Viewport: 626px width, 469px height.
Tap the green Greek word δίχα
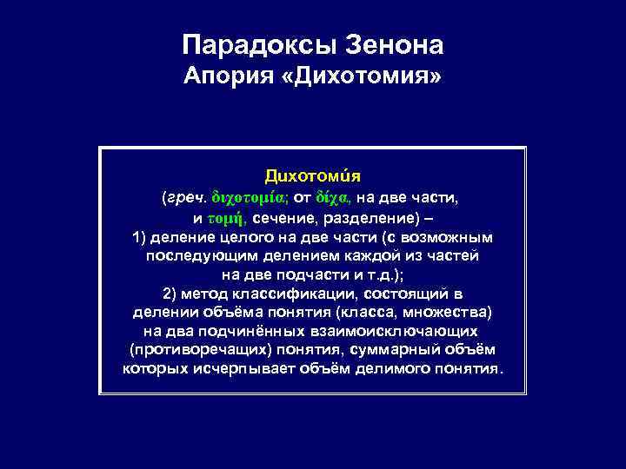pyautogui.click(x=334, y=198)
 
